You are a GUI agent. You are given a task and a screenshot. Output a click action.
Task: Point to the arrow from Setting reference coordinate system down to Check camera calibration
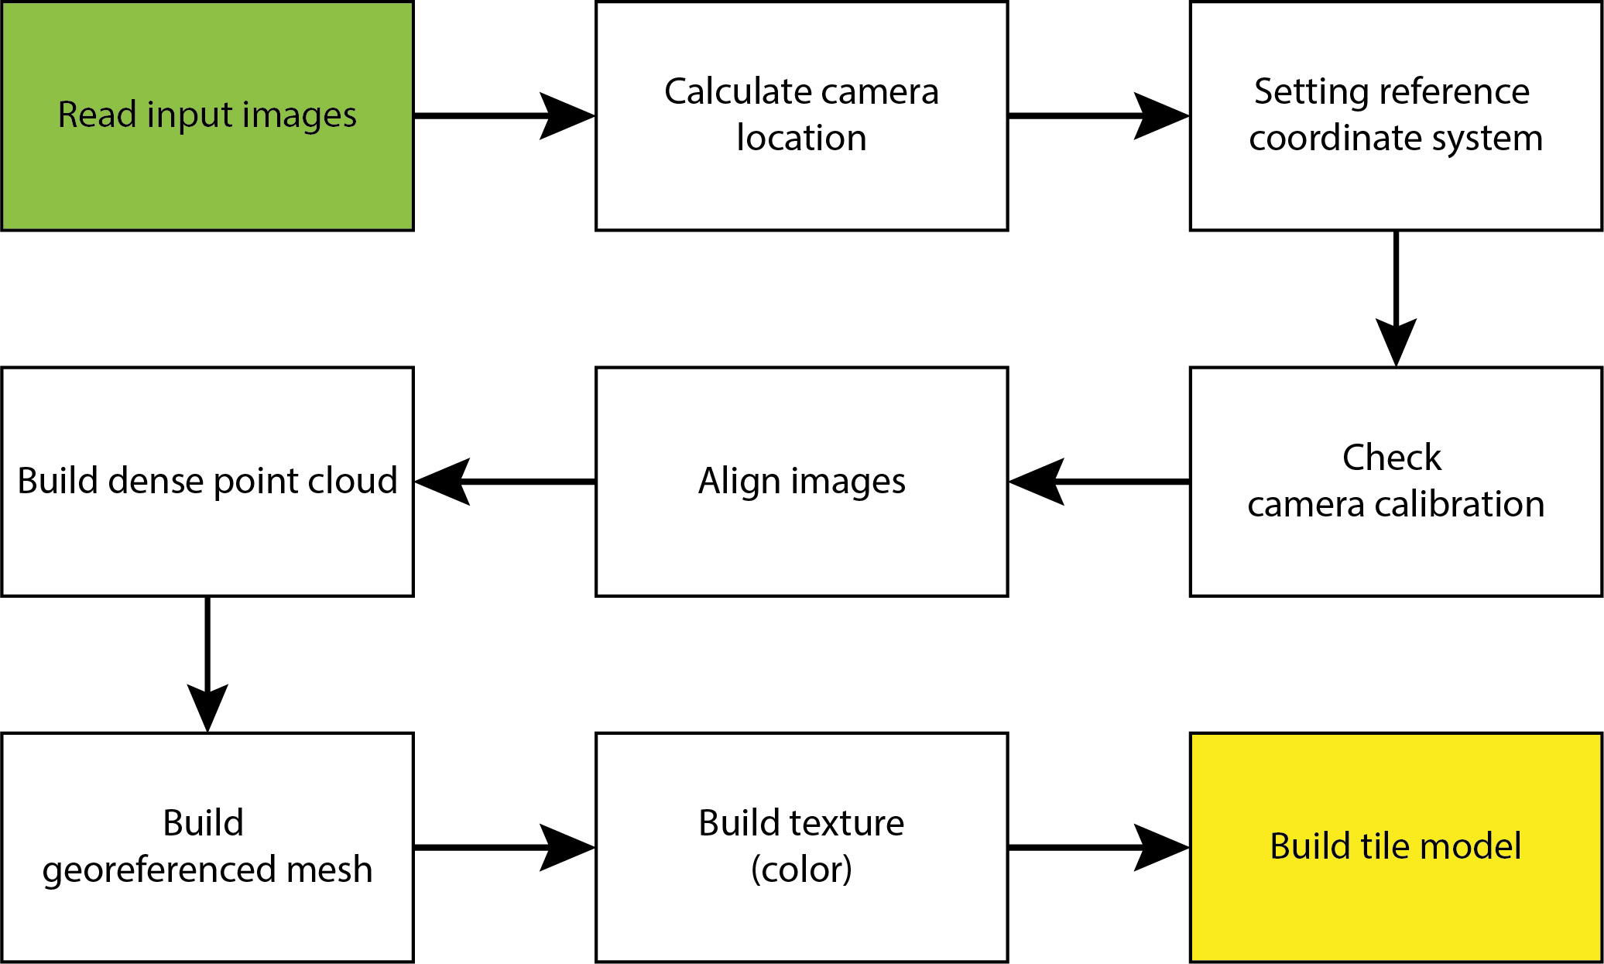(x=1396, y=298)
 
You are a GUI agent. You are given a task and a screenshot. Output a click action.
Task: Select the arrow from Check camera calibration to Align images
(x=1099, y=482)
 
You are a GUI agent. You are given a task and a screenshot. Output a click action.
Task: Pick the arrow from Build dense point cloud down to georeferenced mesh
(x=207, y=664)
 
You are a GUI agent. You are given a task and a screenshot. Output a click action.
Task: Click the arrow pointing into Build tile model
(x=1099, y=847)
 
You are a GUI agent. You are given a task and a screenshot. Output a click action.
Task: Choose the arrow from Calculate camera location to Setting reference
(x=1099, y=116)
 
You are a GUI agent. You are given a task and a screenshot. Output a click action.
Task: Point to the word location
(x=801, y=139)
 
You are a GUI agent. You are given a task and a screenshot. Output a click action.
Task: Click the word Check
(x=1391, y=458)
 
